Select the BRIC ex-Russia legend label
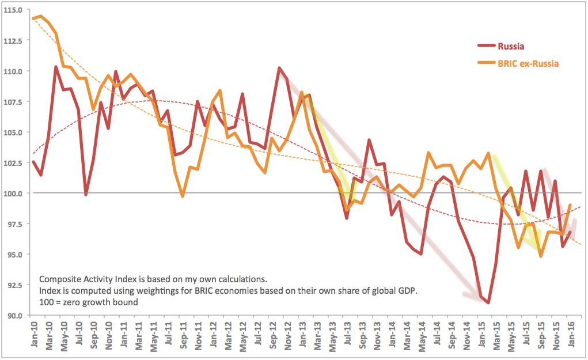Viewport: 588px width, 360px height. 528,64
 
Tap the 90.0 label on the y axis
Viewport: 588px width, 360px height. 14,316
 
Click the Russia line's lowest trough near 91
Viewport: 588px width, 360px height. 488,302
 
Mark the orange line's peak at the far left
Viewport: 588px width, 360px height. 40,16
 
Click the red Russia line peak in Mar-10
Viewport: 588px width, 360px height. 56,67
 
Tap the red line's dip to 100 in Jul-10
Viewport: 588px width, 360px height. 86,194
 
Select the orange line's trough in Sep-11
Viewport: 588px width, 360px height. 183,196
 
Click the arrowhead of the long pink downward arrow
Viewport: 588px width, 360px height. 468,295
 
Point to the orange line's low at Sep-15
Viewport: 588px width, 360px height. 540,256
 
